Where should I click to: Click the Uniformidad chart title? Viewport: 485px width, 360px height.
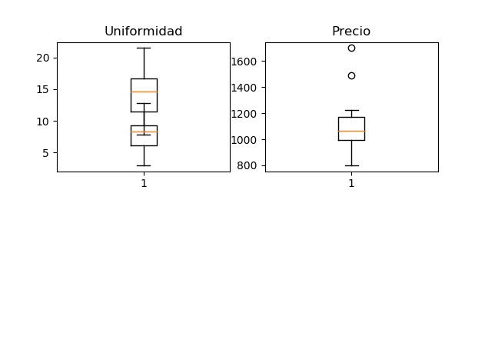point(143,32)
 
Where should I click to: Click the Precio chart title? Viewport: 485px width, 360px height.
point(351,32)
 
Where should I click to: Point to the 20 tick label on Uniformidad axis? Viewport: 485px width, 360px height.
point(43,58)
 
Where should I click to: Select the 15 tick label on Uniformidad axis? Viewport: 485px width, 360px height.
point(43,90)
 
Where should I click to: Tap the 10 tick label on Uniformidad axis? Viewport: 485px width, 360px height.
point(43,122)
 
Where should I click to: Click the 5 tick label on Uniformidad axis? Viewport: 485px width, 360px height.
point(46,153)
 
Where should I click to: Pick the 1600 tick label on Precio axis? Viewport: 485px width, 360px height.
point(244,62)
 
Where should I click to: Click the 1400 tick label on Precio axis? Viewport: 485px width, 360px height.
point(244,88)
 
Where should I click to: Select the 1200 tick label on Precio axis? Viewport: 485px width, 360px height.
point(244,114)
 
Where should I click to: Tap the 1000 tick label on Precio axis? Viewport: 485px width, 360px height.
point(244,140)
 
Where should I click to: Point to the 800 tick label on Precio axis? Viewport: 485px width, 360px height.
point(247,165)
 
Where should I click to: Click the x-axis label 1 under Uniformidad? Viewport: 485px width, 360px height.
point(144,183)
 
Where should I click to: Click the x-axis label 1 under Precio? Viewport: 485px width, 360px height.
point(351,183)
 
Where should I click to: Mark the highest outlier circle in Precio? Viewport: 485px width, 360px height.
point(351,48)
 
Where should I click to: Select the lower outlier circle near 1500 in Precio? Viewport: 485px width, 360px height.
point(351,75)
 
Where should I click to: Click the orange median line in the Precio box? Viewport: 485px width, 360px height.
point(351,132)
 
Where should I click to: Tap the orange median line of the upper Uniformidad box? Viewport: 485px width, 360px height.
point(144,92)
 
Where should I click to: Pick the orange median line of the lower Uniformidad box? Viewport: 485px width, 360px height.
point(144,132)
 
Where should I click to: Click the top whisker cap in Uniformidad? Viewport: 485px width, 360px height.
point(144,48)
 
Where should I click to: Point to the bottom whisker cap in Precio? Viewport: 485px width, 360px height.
point(351,165)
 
